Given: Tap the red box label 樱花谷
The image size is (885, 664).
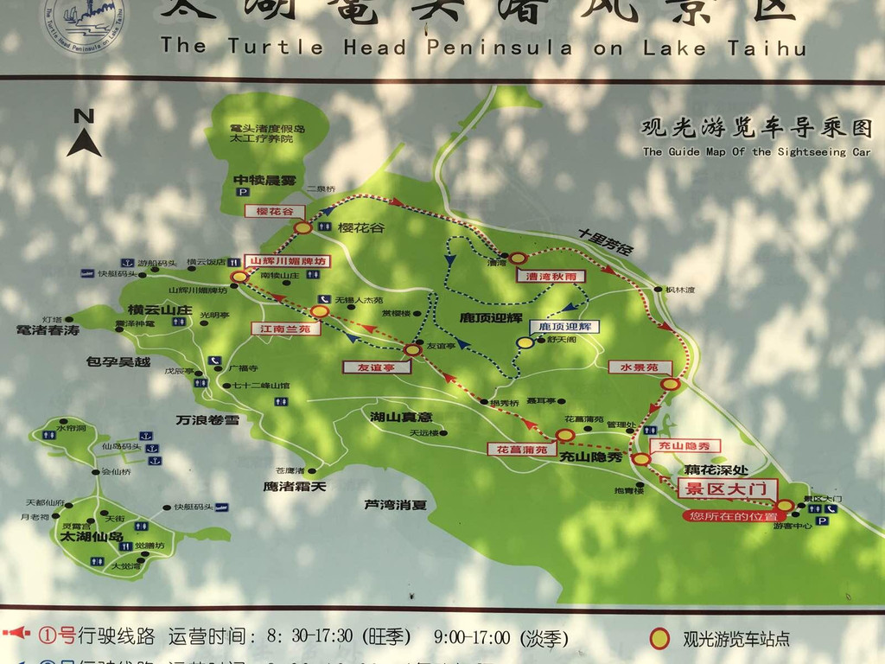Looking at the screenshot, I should click(275, 211).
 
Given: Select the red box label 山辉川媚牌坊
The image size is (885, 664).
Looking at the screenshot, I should click(288, 260).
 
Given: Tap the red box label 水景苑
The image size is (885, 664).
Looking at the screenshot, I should click(640, 367).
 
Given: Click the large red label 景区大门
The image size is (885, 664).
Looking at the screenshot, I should click(726, 488).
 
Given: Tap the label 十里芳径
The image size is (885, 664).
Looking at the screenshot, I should click(607, 242).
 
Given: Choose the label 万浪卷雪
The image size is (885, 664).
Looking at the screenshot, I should click(207, 420).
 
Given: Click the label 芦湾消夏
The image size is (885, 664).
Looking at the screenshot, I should click(395, 504).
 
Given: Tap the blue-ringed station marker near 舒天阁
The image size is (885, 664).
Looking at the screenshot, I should click(525, 343).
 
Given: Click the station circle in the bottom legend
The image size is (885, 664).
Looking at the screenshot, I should click(659, 639).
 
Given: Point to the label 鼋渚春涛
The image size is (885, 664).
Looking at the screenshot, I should click(48, 330).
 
